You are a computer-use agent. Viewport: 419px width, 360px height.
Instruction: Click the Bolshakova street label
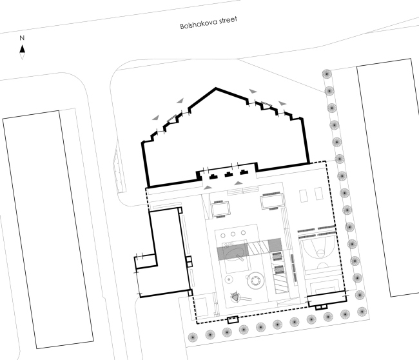click(x=208, y=23)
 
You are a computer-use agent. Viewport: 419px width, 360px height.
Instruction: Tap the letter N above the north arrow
click(x=22, y=38)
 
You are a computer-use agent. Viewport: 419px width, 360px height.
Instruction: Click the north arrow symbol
click(x=22, y=52)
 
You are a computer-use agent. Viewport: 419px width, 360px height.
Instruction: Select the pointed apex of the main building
click(x=216, y=88)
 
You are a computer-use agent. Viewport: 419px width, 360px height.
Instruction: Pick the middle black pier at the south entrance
click(x=228, y=175)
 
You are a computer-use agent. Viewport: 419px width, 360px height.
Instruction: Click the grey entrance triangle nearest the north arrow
click(x=156, y=117)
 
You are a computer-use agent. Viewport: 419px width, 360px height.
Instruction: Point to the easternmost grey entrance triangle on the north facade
click(x=282, y=103)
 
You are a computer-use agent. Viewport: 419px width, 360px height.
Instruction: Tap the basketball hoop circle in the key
click(x=320, y=252)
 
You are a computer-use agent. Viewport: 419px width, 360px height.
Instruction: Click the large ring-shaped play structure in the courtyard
click(x=256, y=281)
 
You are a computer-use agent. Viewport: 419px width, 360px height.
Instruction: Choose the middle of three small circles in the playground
click(x=233, y=234)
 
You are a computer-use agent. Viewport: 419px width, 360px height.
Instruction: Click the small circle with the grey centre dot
click(x=229, y=279)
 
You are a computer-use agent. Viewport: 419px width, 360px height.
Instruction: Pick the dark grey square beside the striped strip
click(x=275, y=245)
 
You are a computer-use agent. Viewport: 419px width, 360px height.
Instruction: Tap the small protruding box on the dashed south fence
click(x=233, y=320)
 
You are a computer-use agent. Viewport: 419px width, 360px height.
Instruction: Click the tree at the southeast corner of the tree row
click(x=362, y=312)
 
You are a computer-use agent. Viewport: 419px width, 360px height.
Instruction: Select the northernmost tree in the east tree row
click(x=327, y=74)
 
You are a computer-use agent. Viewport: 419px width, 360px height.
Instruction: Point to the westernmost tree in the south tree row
click(x=193, y=337)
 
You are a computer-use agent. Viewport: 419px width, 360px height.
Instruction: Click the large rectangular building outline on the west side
click(x=48, y=230)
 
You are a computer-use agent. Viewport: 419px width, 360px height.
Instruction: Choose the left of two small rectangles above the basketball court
click(x=304, y=195)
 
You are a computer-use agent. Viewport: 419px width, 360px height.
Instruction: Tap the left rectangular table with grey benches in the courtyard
click(x=220, y=209)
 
